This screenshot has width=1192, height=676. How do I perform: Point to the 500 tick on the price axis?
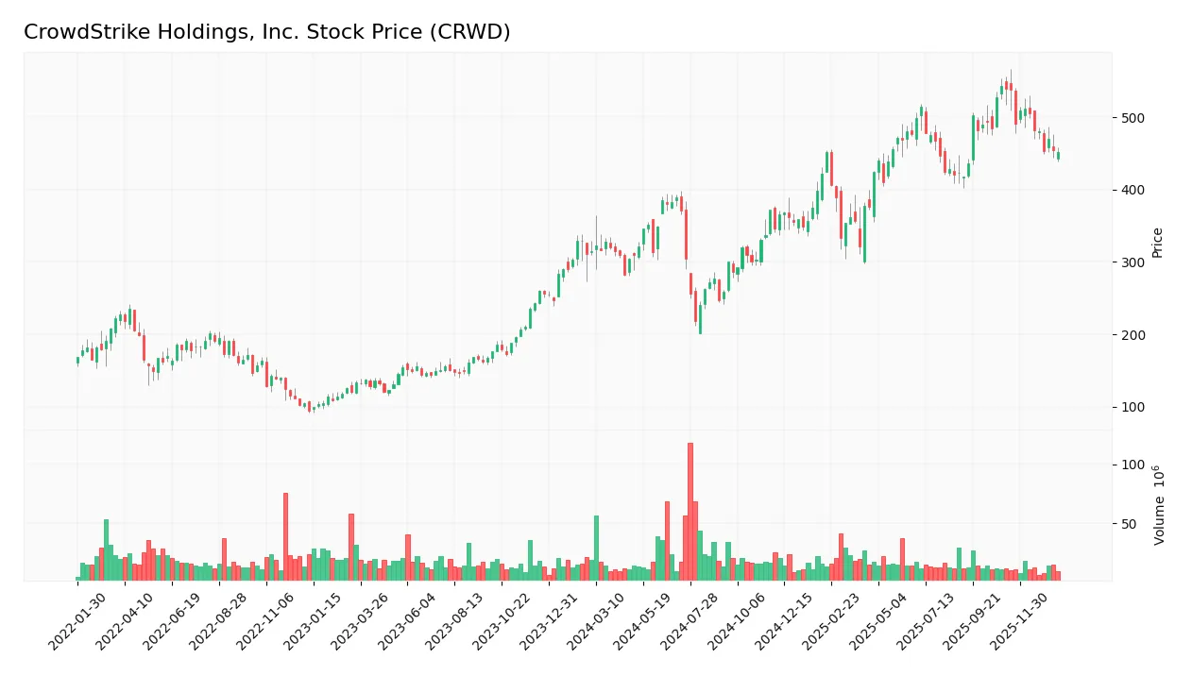1133,118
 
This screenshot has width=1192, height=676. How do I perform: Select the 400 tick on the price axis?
1133,190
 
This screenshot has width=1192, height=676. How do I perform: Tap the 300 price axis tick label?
1133,262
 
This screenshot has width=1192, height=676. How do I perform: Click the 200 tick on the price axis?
1133,335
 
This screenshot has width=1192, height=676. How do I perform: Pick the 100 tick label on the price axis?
1133,407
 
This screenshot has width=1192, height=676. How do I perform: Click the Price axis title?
1157,243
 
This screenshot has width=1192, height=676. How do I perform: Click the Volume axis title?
1159,505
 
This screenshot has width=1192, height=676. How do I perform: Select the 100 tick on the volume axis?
1133,465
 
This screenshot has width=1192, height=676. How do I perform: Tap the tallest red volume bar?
690,511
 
